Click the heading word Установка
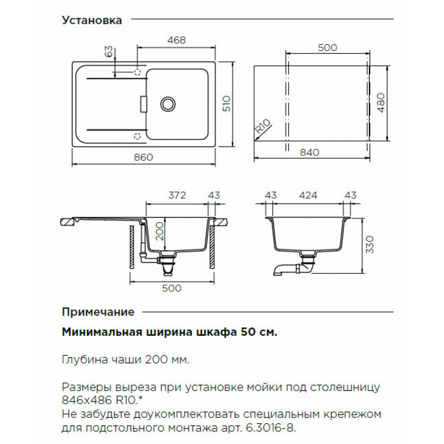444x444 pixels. click(x=92, y=20)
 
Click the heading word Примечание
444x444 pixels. click(x=98, y=312)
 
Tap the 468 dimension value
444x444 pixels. click(x=176, y=40)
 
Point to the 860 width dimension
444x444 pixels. click(x=143, y=157)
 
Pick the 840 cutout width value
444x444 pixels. click(x=309, y=152)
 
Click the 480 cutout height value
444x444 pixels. click(x=381, y=103)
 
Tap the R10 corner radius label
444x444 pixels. click(x=263, y=126)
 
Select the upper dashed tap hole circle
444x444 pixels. click(x=137, y=72)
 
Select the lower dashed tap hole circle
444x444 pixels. click(x=137, y=136)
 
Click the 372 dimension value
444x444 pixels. click(x=177, y=195)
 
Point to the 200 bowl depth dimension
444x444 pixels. click(x=160, y=231)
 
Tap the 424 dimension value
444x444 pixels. click(x=308, y=195)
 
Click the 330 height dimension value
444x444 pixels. click(x=370, y=245)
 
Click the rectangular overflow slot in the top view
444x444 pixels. click(x=143, y=104)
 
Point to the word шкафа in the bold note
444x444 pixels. click(x=217, y=332)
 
